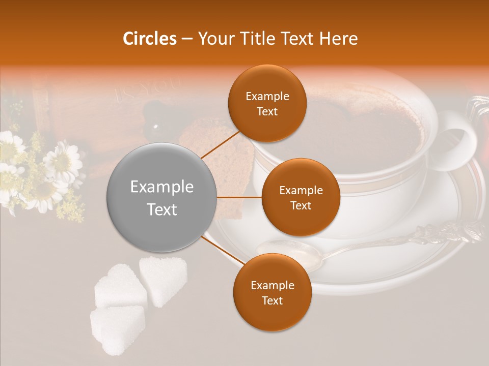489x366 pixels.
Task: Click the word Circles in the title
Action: click(x=150, y=39)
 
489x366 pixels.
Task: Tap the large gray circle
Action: click(x=162, y=197)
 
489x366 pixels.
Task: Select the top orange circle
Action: click(x=267, y=103)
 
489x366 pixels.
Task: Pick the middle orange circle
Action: click(x=301, y=197)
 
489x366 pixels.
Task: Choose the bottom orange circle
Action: click(x=272, y=292)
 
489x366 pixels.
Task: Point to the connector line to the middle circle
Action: click(x=239, y=197)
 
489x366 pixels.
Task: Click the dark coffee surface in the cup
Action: click(x=367, y=127)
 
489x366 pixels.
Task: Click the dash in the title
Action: click(x=187, y=39)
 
